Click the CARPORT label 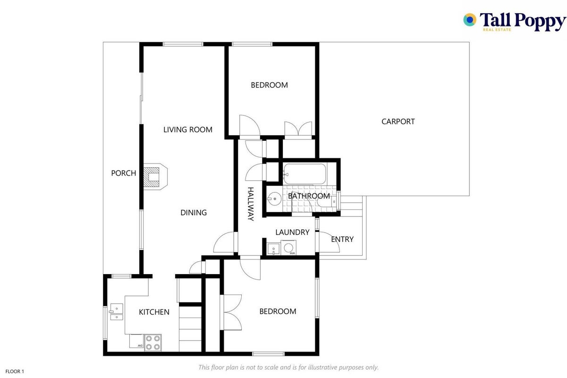[398, 121]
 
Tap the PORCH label [124, 173]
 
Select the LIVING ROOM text [188, 130]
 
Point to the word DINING [194, 213]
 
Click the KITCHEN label [154, 312]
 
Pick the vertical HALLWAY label [250, 204]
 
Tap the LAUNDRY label [292, 232]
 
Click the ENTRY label [342, 239]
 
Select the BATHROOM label [309, 196]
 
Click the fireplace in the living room [155, 177]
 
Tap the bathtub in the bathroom [305, 174]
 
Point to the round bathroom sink [274, 199]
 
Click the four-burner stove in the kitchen [153, 343]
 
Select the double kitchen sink [117, 312]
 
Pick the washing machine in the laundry [288, 248]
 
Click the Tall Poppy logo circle [470, 20]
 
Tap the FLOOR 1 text [15, 371]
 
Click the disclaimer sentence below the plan [288, 367]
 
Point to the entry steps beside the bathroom [351, 206]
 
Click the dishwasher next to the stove [136, 341]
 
